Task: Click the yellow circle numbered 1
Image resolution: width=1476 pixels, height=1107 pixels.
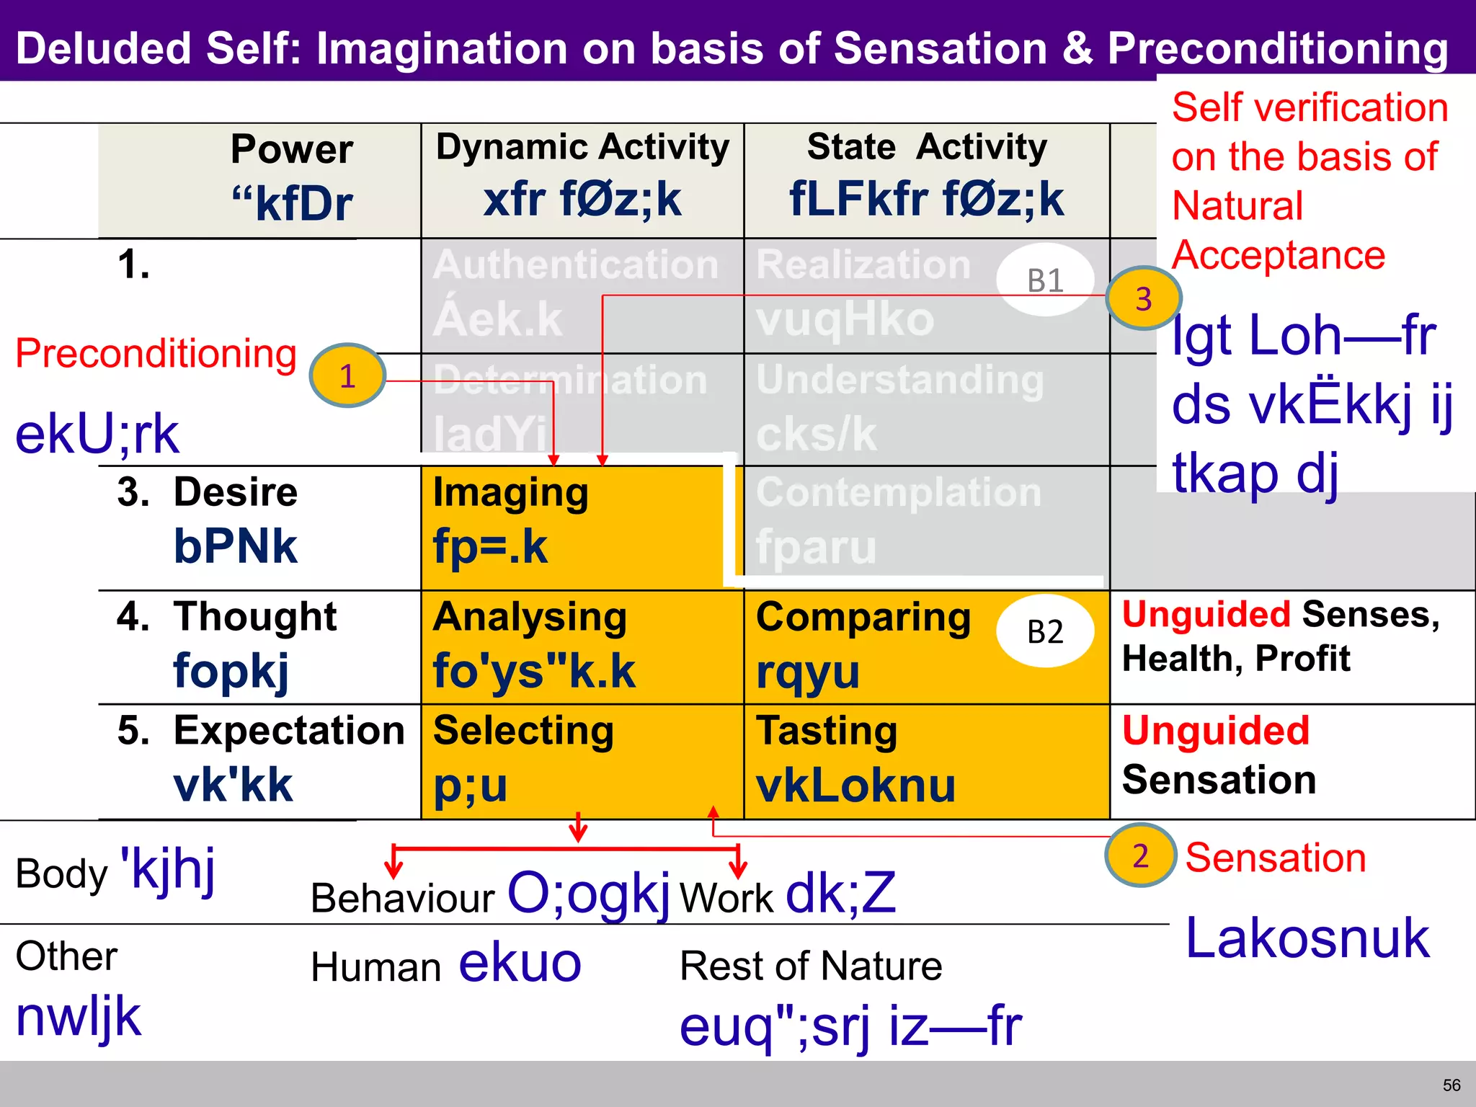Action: click(347, 375)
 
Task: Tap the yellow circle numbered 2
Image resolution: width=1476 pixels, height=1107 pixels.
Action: click(1140, 855)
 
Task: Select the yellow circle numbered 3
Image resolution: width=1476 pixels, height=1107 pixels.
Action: click(1144, 298)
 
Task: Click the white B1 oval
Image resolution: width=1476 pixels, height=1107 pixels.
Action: click(1045, 280)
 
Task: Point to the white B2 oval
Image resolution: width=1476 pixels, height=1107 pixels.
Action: click(1045, 631)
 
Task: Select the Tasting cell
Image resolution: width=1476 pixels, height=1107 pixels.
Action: click(926, 761)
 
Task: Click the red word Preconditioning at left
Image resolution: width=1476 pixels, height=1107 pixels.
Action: click(156, 354)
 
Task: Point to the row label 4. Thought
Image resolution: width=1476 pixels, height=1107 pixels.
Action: click(227, 617)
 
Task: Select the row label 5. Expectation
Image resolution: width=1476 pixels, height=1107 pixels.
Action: click(261, 731)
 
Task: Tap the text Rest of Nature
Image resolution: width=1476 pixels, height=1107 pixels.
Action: click(811, 966)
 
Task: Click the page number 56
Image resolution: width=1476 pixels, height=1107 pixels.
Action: click(1451, 1085)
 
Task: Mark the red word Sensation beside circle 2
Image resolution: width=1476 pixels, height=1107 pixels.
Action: click(1275, 858)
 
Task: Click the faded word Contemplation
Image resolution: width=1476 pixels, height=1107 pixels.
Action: click(899, 493)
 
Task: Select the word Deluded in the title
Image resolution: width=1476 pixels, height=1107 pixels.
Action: click(105, 48)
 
